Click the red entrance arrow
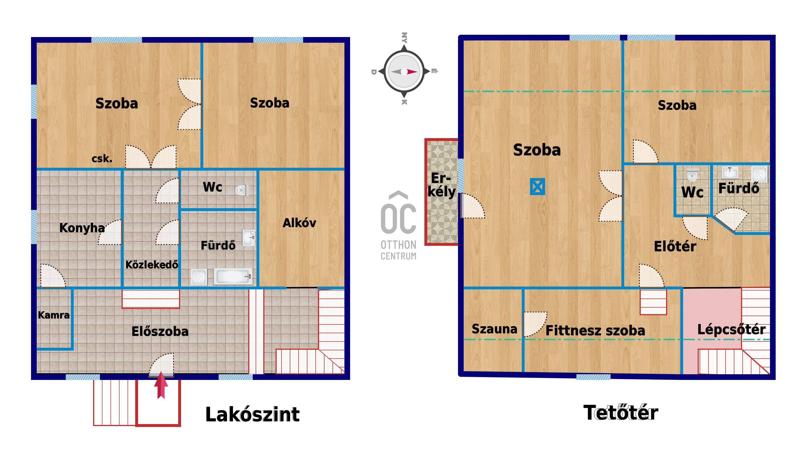[x=161, y=385]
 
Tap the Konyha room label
[x=82, y=228]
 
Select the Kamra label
[x=54, y=315]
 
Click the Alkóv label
[x=299, y=223]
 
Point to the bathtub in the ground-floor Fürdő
[x=233, y=276]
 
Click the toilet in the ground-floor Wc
[x=242, y=190]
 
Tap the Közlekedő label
[x=152, y=265]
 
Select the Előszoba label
[x=160, y=332]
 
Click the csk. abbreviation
[x=102, y=159]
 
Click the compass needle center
[x=404, y=72]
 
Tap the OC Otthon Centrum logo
[x=398, y=225]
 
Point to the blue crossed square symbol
[x=537, y=187]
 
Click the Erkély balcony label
[x=441, y=185]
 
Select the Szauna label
[x=494, y=329]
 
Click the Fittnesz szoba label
[x=595, y=331]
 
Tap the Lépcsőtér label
[x=732, y=329]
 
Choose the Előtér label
[x=675, y=247]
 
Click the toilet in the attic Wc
[x=692, y=175]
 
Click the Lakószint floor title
[x=252, y=415]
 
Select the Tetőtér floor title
[x=621, y=413]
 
